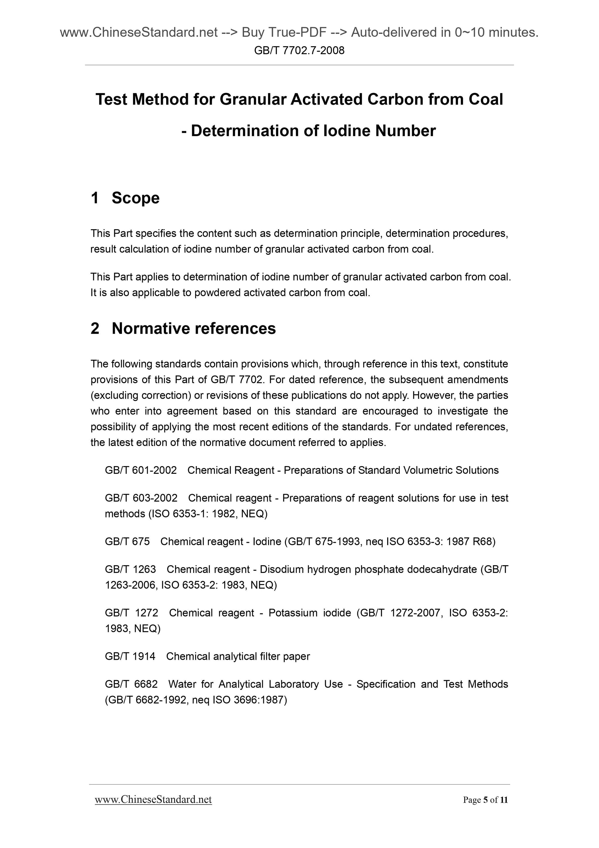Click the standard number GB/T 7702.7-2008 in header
pyautogui.click(x=299, y=51)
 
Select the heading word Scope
pyautogui.click(x=135, y=198)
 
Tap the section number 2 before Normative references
pyautogui.click(x=95, y=328)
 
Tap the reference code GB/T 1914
pyautogui.click(x=130, y=656)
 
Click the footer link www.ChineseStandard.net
pyautogui.click(x=153, y=800)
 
